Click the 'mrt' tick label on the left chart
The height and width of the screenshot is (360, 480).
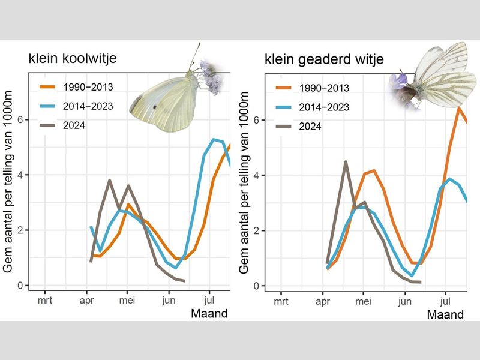(45, 298)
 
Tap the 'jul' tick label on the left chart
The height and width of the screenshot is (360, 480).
(209, 298)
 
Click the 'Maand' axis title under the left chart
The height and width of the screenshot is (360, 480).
(209, 313)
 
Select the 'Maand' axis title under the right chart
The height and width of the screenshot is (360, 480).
(445, 314)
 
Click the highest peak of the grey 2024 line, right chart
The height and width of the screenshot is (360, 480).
(346, 161)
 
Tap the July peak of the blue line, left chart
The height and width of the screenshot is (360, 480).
(214, 139)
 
